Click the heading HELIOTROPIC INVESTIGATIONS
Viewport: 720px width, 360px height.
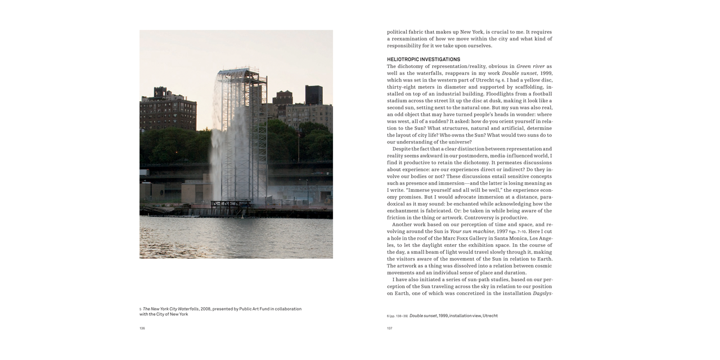click(423, 59)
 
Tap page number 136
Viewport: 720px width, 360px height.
click(142, 328)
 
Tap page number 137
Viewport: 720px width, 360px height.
click(389, 328)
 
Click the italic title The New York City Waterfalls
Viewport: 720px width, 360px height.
click(170, 309)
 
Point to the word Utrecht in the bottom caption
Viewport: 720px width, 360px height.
click(490, 316)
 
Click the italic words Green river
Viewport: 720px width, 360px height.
click(530, 66)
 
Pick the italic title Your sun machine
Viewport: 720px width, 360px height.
click(472, 231)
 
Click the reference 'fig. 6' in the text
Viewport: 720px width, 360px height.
click(499, 80)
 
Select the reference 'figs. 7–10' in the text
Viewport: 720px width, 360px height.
click(517, 232)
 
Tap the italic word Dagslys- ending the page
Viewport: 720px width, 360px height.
click(542, 293)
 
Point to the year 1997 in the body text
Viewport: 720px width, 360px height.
click(502, 231)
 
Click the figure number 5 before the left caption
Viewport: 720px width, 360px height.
click(141, 309)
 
